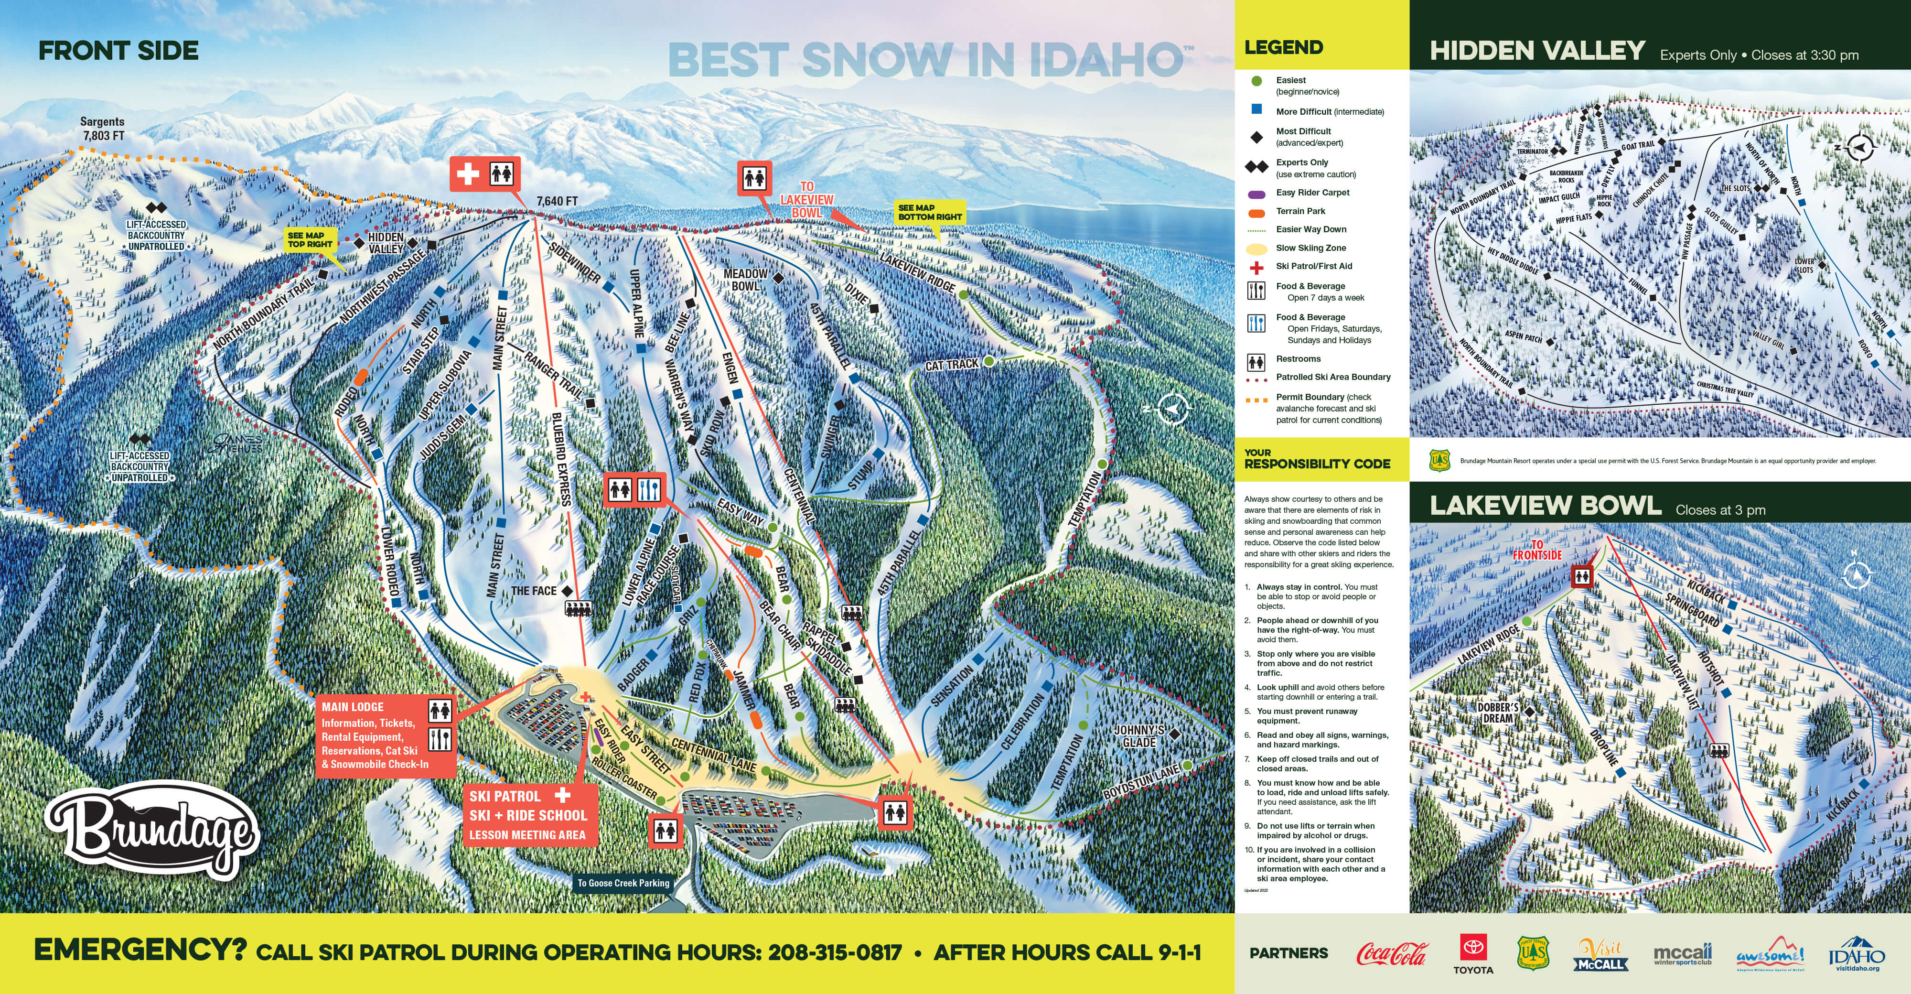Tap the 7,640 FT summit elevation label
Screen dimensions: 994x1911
click(557, 201)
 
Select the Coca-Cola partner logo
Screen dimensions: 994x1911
click(1391, 953)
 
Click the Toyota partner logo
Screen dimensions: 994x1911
click(1472, 953)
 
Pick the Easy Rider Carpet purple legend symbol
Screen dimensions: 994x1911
click(1256, 194)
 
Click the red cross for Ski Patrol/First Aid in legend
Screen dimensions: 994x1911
click(1256, 267)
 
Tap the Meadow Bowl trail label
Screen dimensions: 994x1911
click(746, 280)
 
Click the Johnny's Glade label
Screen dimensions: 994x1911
click(1139, 736)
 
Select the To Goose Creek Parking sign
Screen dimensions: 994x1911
click(623, 883)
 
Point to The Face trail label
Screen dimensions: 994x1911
click(533, 591)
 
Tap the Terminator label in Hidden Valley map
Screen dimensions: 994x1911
click(1532, 151)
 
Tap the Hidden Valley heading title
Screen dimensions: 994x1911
click(1537, 51)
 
